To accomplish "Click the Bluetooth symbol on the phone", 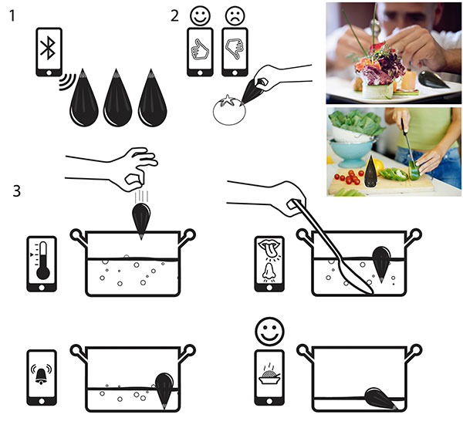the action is (x=48, y=48).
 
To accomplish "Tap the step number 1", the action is (x=12, y=15).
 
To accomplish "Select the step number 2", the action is (x=174, y=15).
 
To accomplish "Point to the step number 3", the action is (x=17, y=190).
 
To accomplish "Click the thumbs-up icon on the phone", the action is (x=200, y=50).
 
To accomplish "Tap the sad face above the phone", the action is (x=235, y=16).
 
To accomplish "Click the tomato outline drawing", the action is (x=229, y=110).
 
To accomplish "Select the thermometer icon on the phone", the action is (x=42, y=261).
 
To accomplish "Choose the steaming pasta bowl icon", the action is (x=269, y=375).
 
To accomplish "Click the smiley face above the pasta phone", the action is (x=269, y=332).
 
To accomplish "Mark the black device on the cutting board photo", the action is (x=371, y=171).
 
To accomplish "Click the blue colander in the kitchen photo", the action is (x=350, y=152).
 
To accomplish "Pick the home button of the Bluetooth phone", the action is (x=49, y=72).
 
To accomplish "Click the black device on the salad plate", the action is (x=433, y=79).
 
